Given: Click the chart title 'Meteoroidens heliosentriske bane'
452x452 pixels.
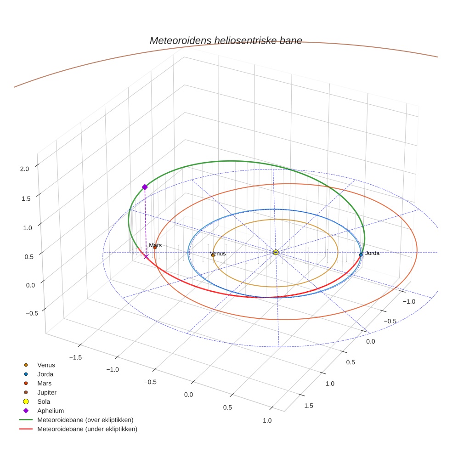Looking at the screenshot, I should tap(226, 40).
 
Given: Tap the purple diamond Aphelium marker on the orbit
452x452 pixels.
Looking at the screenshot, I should tap(145, 187).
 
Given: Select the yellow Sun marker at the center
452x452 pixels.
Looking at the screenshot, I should tap(276, 252).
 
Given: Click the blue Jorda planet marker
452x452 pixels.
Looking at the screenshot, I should tap(361, 254).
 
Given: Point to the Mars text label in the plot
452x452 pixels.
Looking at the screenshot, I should tap(155, 246).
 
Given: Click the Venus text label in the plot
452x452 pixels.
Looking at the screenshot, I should tap(218, 254).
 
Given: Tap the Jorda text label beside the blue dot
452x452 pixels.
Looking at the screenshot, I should tap(372, 253).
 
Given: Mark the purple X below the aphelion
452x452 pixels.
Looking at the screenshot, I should tap(146, 256).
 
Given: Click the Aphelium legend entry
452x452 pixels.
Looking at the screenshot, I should tap(50, 411).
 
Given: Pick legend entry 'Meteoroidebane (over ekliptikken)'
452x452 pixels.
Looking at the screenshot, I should tap(85, 420).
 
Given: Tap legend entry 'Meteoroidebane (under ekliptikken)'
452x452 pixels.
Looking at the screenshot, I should tap(87, 429).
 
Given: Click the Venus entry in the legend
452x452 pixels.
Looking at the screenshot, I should tap(46, 365).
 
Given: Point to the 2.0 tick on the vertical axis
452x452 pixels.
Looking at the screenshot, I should tap(24, 169).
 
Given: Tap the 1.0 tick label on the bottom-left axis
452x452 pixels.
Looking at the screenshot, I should tap(267, 421).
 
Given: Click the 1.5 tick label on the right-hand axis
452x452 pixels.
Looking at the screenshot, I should tap(309, 405).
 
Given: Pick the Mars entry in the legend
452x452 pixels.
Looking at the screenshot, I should tap(44, 383).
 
